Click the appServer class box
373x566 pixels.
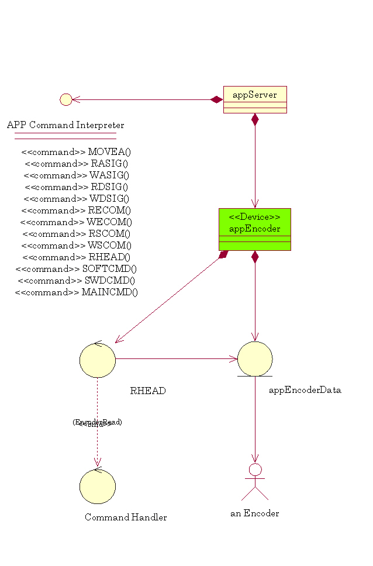[255, 99]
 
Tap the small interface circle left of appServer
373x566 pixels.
[66, 99]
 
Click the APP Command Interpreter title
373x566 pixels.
[65, 125]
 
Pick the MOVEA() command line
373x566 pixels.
[76, 152]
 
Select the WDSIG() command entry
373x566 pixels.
[76, 199]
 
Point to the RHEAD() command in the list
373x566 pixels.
[76, 257]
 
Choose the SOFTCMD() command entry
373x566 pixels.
[76, 269]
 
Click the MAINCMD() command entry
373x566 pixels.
[76, 292]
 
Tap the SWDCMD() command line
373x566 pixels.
[76, 281]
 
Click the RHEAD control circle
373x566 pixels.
[98, 360]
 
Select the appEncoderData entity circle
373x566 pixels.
[255, 359]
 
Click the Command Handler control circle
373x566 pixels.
[98, 486]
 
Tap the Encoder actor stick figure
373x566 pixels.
[255, 482]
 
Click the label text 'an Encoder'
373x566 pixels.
[254, 513]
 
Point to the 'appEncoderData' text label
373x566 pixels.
[305, 390]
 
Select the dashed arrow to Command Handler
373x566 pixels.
[97, 444]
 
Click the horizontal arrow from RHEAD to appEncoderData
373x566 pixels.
[175, 359]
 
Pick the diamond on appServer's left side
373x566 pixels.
[217, 99]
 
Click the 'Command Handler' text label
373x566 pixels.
[126, 517]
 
